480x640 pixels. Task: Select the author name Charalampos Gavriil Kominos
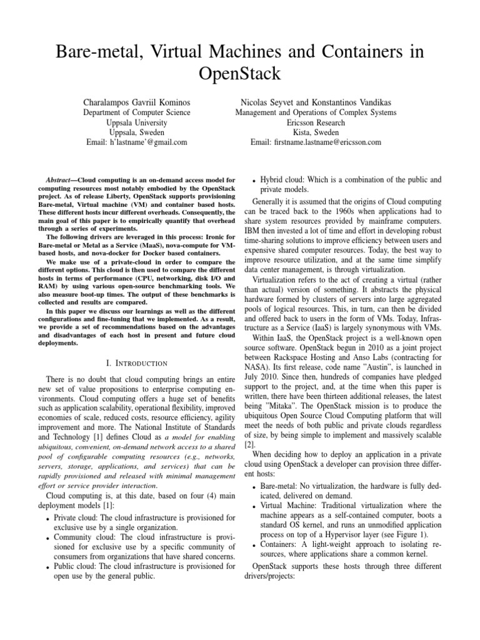coord(137,102)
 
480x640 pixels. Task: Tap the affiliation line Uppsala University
coord(137,122)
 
